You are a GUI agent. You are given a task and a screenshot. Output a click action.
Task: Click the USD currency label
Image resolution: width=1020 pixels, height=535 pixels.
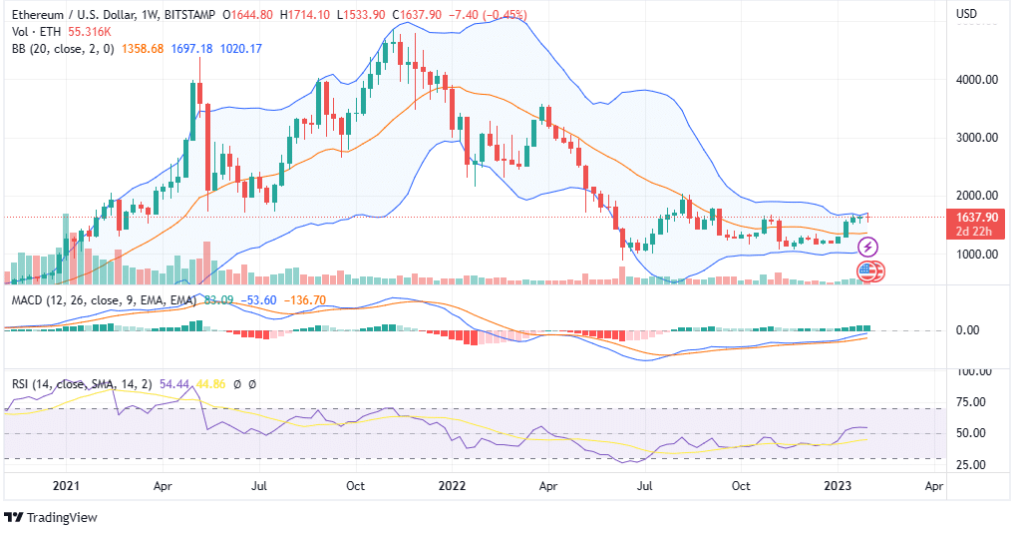(x=966, y=14)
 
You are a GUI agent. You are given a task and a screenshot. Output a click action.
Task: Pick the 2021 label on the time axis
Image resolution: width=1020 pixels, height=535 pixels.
(x=66, y=487)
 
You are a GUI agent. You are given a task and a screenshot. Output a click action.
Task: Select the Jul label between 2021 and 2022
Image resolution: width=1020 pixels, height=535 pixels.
(x=259, y=487)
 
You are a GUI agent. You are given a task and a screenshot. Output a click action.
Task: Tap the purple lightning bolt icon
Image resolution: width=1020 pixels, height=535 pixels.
(x=866, y=246)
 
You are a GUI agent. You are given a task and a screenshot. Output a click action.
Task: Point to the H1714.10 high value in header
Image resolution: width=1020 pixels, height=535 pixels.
(x=307, y=14)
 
